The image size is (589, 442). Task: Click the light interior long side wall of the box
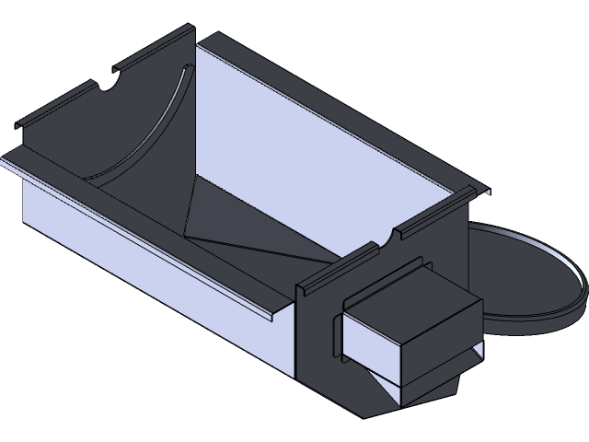point(313,138)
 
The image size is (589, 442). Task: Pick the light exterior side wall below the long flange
point(138,249)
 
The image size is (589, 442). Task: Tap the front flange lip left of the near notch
point(341,262)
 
